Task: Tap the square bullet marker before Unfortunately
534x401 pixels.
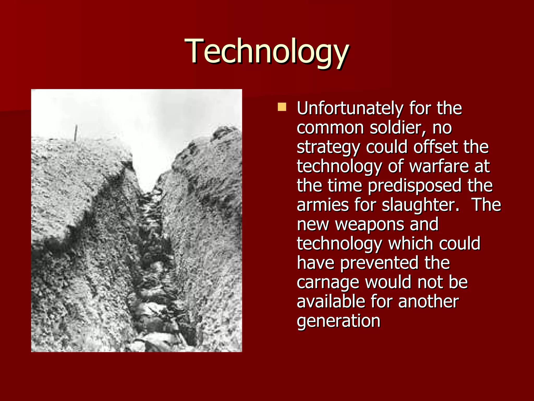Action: click(282, 107)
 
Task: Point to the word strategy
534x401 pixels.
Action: click(328, 148)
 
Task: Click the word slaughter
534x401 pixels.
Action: click(420, 205)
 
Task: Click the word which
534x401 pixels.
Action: click(411, 244)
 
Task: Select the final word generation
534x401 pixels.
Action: click(338, 321)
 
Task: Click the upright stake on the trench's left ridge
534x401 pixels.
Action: click(76, 133)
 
